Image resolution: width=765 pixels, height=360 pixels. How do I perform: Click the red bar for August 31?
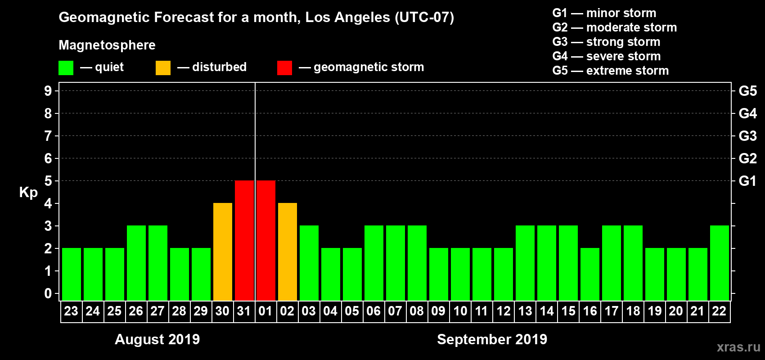pos(244,240)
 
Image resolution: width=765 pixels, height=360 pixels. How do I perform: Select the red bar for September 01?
pos(266,240)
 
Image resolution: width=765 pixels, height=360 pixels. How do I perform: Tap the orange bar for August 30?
pos(223,252)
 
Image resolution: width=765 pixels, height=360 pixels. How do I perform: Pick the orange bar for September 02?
pos(288,252)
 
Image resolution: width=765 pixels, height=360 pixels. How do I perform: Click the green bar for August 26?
pos(136,263)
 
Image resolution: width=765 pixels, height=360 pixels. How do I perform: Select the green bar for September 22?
pos(720,263)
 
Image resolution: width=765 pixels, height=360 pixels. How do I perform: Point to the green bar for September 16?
pos(590,274)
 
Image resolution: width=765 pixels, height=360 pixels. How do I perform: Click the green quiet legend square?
pos(66,68)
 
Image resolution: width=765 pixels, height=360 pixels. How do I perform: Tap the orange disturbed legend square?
pos(163,68)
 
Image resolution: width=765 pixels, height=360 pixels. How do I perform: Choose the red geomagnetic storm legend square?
pos(284,68)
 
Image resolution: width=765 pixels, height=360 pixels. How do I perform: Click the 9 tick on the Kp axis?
pos(48,91)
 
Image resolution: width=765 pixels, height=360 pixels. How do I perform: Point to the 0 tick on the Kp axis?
pos(48,293)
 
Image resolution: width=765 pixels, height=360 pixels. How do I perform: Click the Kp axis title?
pos(28,192)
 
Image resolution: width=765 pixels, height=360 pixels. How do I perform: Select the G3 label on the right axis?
pos(747,136)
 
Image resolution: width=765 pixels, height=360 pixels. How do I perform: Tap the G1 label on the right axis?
pos(747,181)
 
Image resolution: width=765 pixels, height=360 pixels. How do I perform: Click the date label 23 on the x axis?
pos(71,311)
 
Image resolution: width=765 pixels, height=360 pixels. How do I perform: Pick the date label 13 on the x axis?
pos(525,311)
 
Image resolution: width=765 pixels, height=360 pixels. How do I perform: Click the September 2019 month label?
pos(492,339)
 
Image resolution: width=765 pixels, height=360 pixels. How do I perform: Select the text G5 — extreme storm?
pos(610,71)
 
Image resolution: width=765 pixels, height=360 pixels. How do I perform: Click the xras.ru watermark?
pos(738,347)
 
